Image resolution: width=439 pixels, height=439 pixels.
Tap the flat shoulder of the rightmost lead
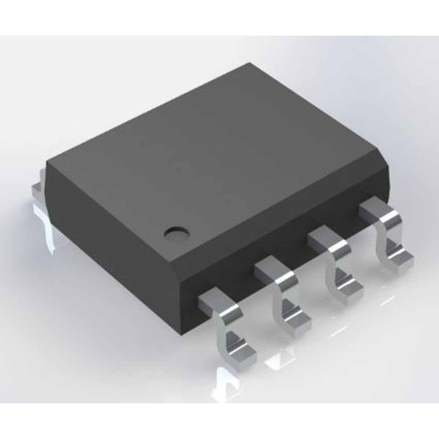[376, 210]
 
